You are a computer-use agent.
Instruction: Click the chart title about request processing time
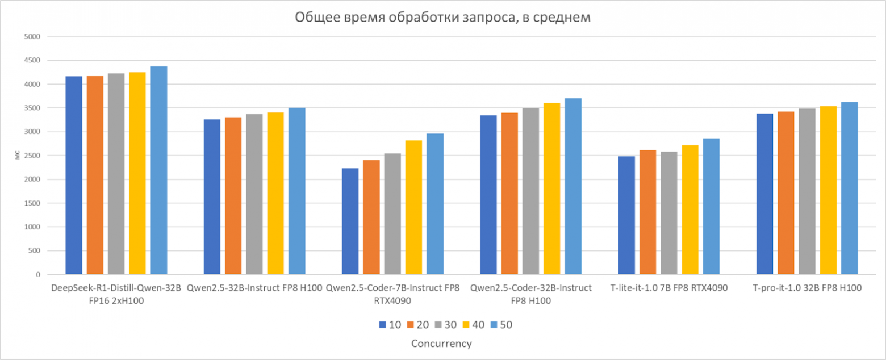coord(442,18)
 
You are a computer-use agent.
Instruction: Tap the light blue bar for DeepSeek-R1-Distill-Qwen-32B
coord(158,170)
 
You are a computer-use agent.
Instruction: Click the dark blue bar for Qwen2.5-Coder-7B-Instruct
coord(350,221)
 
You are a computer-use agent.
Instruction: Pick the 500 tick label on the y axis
coord(35,251)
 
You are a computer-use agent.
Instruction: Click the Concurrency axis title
coord(442,344)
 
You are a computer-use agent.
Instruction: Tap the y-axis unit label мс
coord(16,156)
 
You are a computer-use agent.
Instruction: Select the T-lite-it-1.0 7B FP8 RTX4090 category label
coord(668,288)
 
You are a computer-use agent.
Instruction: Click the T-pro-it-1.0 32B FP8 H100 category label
coord(807,288)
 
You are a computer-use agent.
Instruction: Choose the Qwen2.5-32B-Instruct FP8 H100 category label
coord(254,288)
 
